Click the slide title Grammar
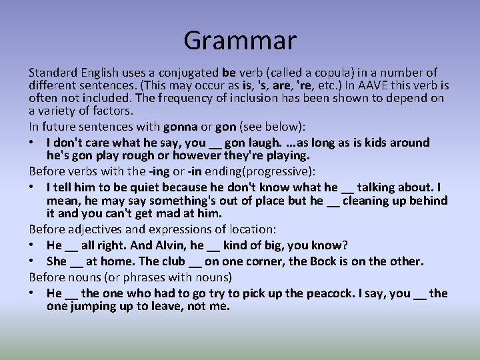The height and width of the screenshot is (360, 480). point(240,40)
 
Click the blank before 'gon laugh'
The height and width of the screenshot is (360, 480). point(214,143)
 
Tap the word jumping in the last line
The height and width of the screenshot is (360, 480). point(96,306)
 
